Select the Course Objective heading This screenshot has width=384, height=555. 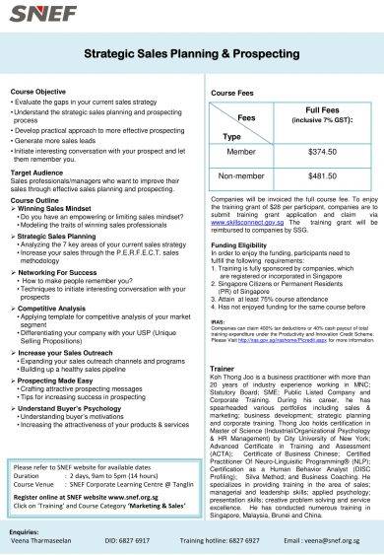click(x=38, y=91)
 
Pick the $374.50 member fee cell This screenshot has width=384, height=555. click(x=322, y=154)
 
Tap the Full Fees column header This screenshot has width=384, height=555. click(x=322, y=114)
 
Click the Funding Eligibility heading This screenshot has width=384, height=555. click(x=238, y=243)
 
